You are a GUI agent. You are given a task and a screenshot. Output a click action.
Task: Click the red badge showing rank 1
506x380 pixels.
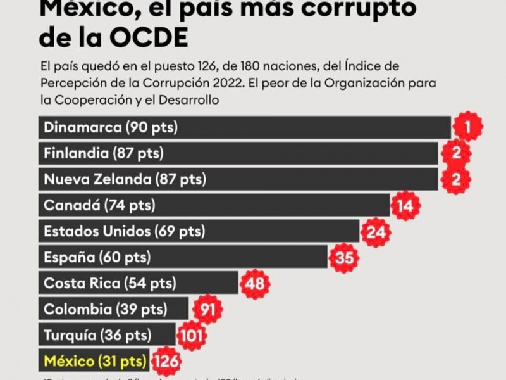click(467, 127)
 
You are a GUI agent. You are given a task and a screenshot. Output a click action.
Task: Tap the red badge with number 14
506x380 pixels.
click(405, 205)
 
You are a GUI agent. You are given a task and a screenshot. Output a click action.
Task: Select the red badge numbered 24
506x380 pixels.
click(376, 232)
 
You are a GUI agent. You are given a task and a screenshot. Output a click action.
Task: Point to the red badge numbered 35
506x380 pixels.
click(344, 258)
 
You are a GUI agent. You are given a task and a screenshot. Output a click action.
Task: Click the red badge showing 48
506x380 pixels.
click(254, 283)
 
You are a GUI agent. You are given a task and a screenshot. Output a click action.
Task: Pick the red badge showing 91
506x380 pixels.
click(206, 310)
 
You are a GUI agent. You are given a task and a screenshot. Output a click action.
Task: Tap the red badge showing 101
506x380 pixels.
click(190, 336)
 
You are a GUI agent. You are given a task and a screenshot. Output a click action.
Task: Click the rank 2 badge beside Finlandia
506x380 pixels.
click(455, 153)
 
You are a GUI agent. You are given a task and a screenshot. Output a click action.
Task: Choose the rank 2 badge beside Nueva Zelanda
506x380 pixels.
click(455, 179)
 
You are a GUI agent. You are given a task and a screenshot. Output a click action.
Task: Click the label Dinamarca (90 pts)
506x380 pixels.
click(111, 127)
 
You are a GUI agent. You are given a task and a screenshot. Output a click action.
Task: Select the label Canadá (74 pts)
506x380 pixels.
click(99, 205)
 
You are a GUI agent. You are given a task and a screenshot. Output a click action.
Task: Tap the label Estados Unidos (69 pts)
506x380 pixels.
click(124, 232)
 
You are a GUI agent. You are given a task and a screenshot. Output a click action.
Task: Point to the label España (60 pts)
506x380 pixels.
click(97, 258)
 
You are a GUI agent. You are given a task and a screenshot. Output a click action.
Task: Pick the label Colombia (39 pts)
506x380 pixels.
click(105, 310)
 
